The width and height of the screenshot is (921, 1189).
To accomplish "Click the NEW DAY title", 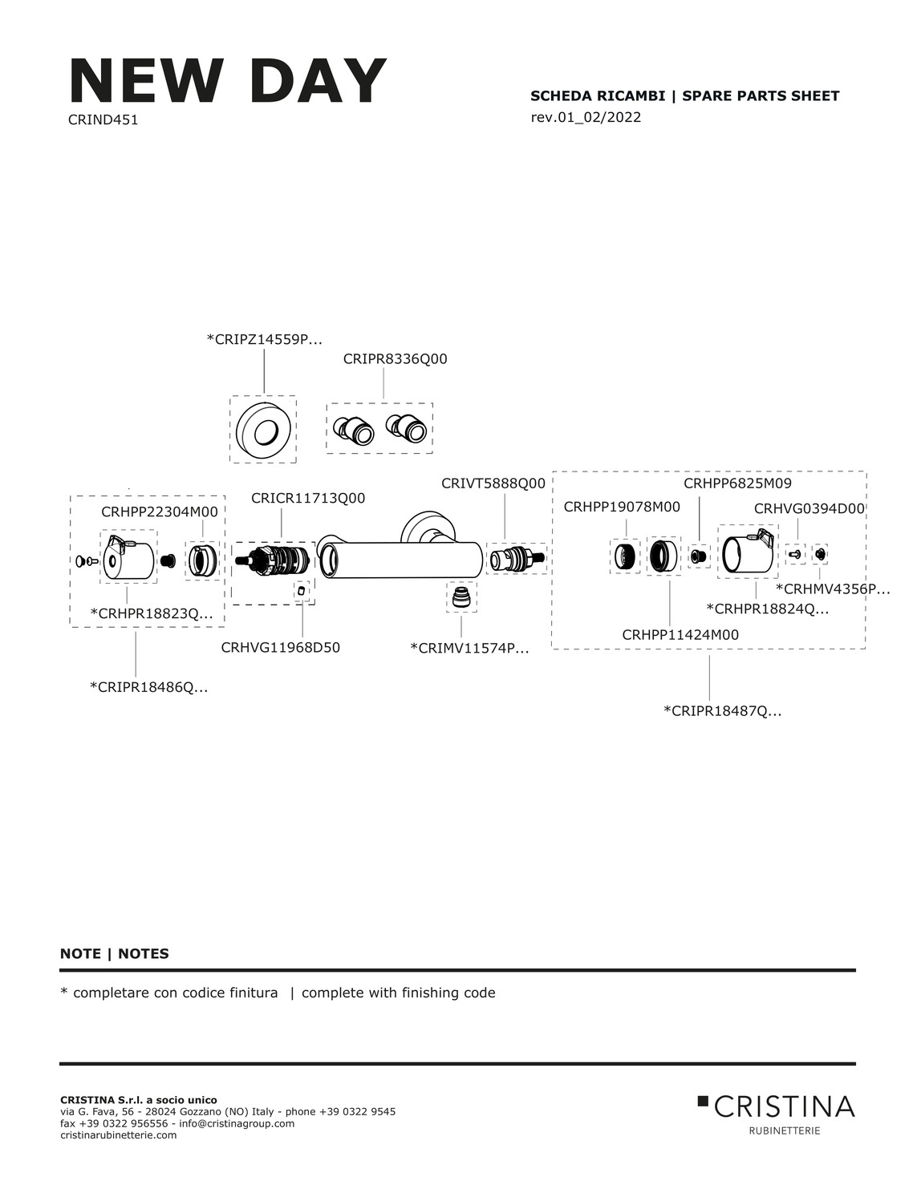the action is (228, 80).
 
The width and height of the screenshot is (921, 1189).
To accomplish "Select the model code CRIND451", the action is (103, 120).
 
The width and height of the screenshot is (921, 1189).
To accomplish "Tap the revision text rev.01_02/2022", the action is (586, 118).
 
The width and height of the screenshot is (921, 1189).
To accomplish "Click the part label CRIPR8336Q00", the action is (395, 359).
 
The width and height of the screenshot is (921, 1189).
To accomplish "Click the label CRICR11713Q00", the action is (308, 499).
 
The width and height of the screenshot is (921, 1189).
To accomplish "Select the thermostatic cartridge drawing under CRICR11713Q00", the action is (273, 561).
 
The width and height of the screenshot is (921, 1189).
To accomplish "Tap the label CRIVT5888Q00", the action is (493, 483).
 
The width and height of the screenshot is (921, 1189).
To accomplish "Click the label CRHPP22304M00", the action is (160, 512).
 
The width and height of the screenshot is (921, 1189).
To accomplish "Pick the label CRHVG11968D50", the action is (280, 647).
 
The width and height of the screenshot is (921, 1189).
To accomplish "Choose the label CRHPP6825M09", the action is (737, 483).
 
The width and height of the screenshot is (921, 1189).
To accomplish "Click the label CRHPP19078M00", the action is (622, 508).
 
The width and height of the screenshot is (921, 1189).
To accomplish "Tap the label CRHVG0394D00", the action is (809, 509).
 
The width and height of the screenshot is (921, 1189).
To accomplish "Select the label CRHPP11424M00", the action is (680, 635).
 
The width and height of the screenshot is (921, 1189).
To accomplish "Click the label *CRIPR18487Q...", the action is (722, 711).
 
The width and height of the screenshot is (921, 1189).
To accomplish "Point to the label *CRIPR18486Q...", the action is (148, 687).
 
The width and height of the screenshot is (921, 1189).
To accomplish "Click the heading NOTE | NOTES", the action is (115, 954).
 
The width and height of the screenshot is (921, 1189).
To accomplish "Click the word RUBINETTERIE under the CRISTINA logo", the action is (784, 1131).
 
